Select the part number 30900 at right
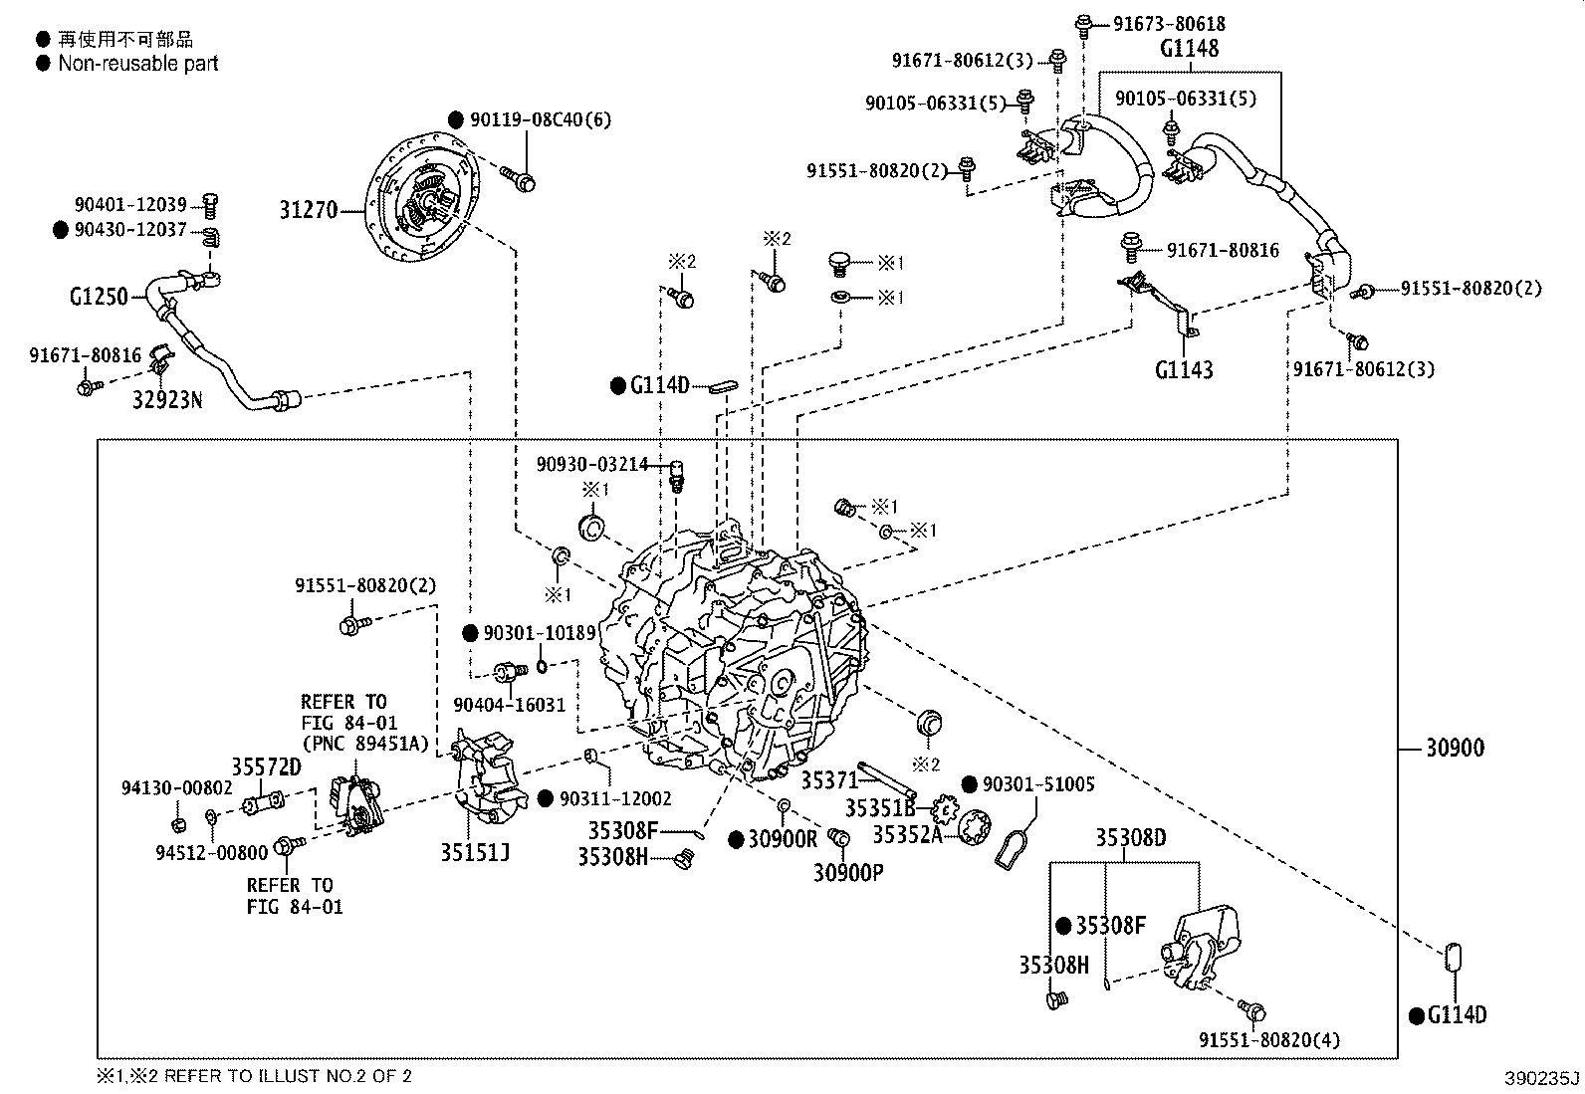click(x=1455, y=747)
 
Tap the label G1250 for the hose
click(x=99, y=296)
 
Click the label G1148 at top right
click(x=1189, y=48)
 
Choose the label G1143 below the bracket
click(x=1184, y=369)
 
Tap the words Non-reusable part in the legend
click(x=138, y=64)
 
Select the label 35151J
click(x=476, y=852)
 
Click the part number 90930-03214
click(x=592, y=464)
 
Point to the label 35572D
click(x=266, y=766)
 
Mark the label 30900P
click(x=848, y=872)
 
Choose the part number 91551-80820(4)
click(x=1269, y=1040)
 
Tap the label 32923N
click(x=167, y=400)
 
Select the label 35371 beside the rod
click(x=829, y=781)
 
